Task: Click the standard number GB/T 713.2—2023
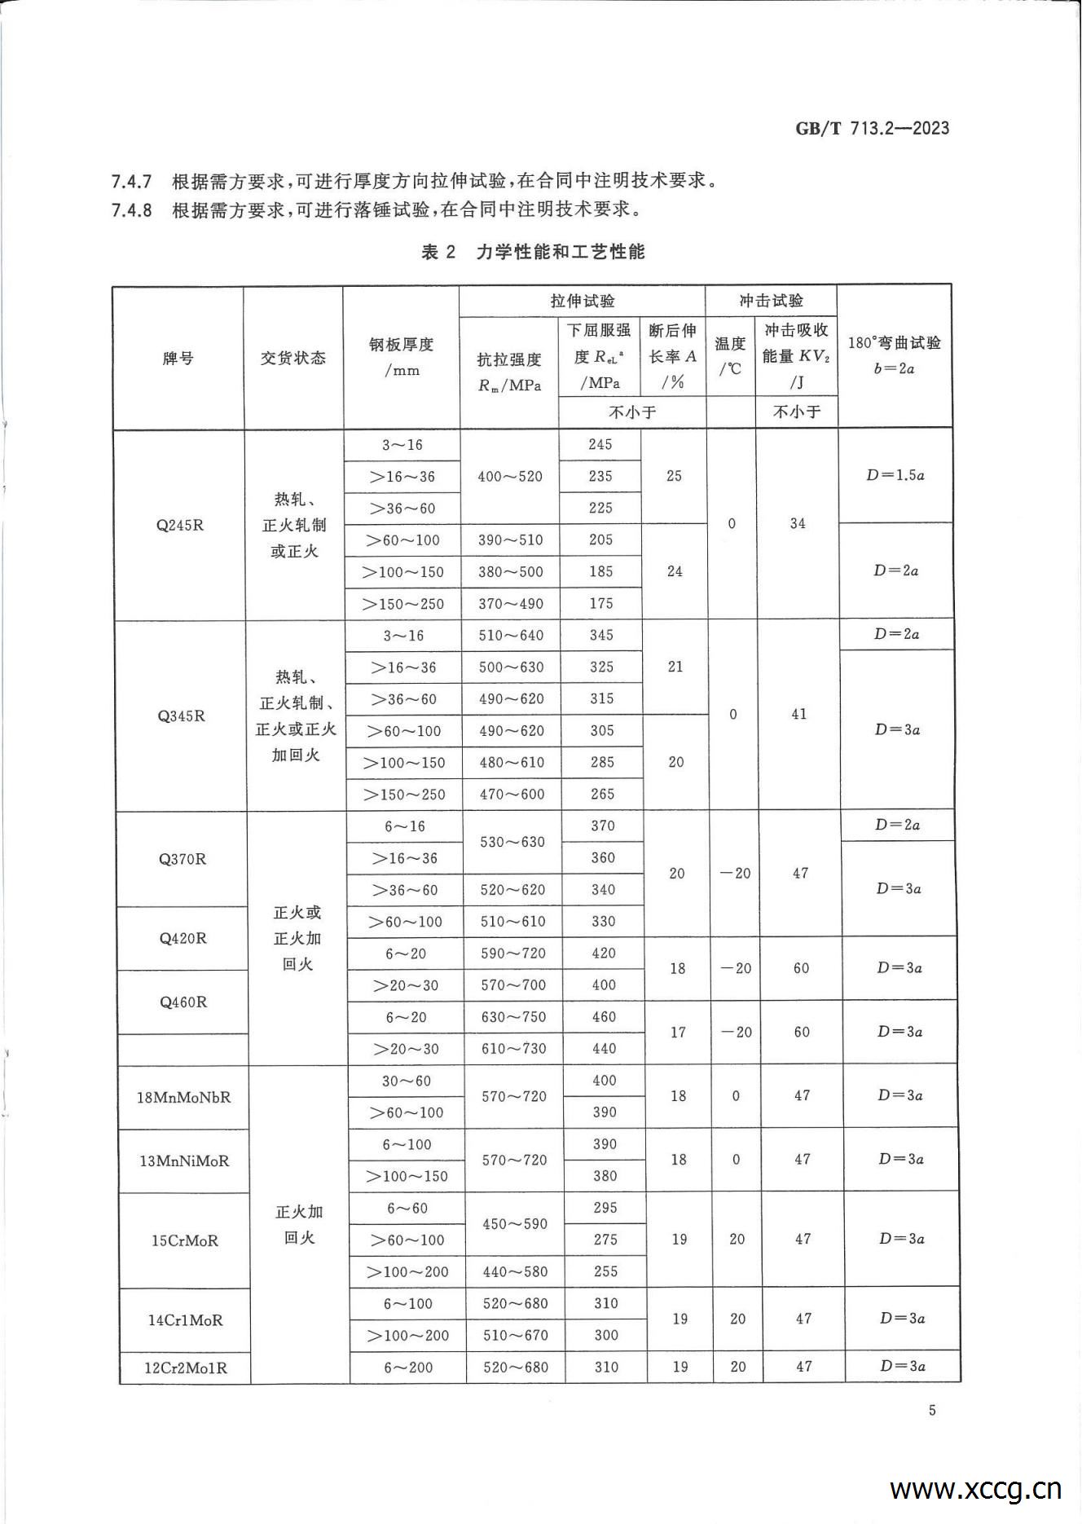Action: pos(872,128)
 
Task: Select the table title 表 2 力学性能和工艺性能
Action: pos(533,252)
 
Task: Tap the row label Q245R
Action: pos(180,525)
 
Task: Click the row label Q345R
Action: pos(182,716)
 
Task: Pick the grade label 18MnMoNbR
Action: pos(184,1097)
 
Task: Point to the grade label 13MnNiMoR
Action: pos(184,1161)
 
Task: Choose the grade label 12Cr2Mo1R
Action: pos(186,1368)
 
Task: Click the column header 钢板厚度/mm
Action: pos(402,357)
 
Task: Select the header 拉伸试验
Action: pos(583,301)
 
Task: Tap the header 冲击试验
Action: pos(771,301)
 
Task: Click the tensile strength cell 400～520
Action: pos(510,476)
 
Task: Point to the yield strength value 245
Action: pos(600,444)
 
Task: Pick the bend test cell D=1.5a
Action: pos(895,474)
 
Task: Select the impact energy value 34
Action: pos(798,523)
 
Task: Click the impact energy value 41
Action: pos(799,714)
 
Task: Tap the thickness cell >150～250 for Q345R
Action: pos(405,794)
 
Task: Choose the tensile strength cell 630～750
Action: pos(513,1017)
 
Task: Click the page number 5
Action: pos(932,1411)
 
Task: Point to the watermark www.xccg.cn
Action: pos(975,1489)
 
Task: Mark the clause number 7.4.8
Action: pos(131,210)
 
